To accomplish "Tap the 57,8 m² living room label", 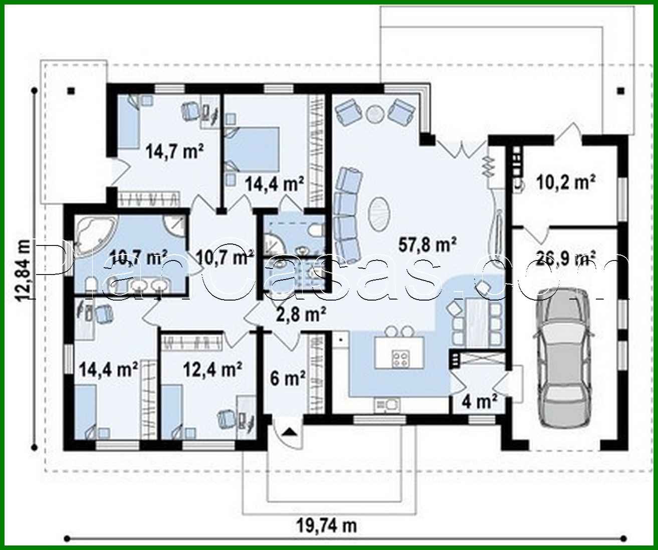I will [x=427, y=244].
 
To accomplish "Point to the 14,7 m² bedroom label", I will [x=174, y=150].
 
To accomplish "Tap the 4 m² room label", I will [x=479, y=401].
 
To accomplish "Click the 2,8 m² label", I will [x=301, y=315].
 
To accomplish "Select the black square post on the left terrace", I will [x=72, y=91].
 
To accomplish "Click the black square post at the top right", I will [x=620, y=91].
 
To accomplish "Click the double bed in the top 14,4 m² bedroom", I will [x=251, y=149].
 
